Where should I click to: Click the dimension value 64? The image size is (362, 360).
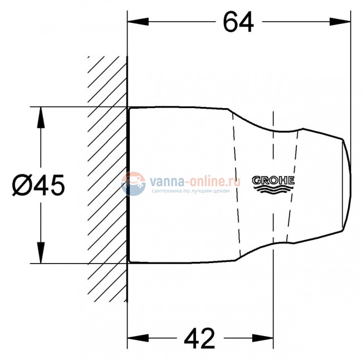[238, 22]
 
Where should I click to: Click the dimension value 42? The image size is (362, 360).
[200, 338]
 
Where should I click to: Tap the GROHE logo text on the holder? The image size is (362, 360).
[273, 181]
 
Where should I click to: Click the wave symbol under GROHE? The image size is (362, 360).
[273, 189]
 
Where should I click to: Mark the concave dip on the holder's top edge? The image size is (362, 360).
[273, 132]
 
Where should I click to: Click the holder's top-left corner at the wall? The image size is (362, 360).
[129, 108]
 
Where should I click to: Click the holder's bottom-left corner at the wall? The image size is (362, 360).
[129, 262]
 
